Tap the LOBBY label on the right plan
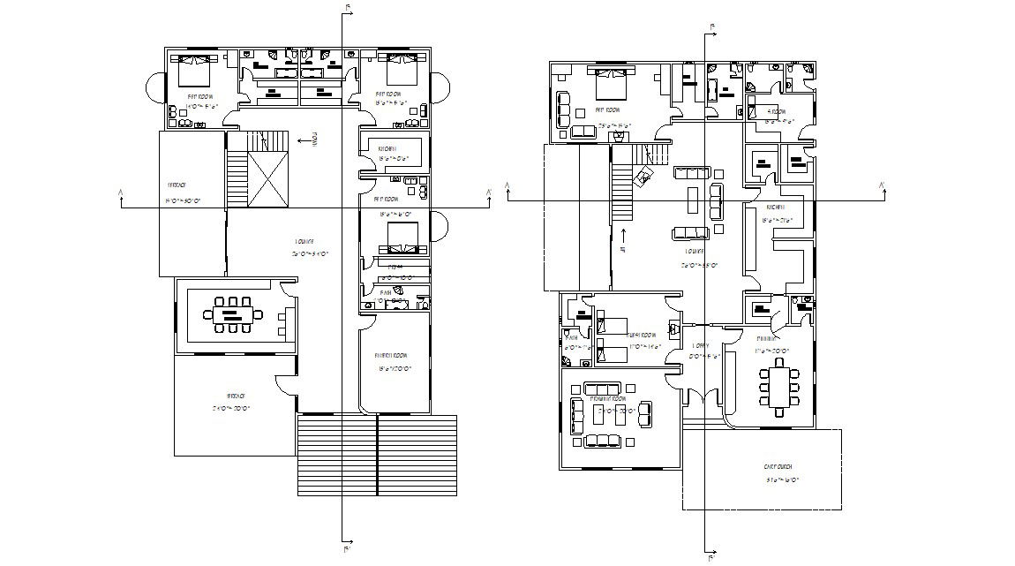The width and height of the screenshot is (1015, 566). [x=701, y=346]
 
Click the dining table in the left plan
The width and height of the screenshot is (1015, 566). [x=233, y=313]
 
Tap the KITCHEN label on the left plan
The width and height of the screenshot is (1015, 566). [x=387, y=148]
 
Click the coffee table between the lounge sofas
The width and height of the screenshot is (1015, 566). [x=695, y=200]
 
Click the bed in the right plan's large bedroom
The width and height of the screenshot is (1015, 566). [x=611, y=84]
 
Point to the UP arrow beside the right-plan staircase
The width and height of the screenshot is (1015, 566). [x=624, y=235]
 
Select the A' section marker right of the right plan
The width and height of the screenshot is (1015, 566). [x=880, y=185]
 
